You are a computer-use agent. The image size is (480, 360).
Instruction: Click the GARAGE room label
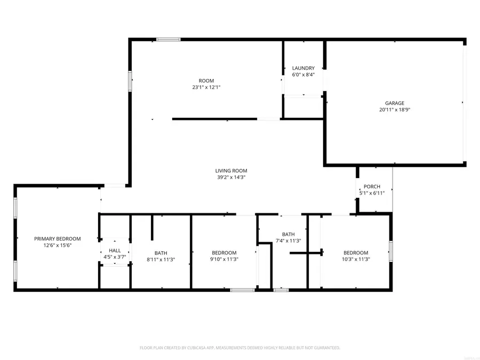(395, 103)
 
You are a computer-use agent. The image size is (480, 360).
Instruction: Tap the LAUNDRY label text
(303, 68)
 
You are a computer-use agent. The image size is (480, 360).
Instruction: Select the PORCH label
(372, 187)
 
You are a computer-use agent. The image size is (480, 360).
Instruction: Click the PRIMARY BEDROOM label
(58, 239)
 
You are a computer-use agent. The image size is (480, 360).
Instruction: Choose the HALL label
(115, 250)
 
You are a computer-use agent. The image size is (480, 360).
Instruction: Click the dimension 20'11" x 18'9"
(394, 110)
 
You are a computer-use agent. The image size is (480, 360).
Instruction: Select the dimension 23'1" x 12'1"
(206, 87)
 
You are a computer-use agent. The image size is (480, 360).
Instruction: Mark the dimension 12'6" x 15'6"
(57, 245)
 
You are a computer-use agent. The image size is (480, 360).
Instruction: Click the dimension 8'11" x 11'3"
(161, 260)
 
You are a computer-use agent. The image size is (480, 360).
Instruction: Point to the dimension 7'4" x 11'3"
(288, 241)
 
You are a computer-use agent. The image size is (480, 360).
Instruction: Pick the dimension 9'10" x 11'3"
(224, 260)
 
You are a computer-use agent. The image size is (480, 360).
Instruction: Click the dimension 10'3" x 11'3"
(355, 259)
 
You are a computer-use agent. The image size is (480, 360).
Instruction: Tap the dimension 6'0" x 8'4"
(303, 75)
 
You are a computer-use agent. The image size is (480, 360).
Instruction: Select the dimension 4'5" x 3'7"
(115, 257)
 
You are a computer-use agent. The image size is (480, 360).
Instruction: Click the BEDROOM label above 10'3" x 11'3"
(355, 253)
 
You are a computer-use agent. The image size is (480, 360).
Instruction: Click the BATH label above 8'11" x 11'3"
(161, 253)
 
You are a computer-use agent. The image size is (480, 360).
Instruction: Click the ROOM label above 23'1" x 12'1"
(206, 81)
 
